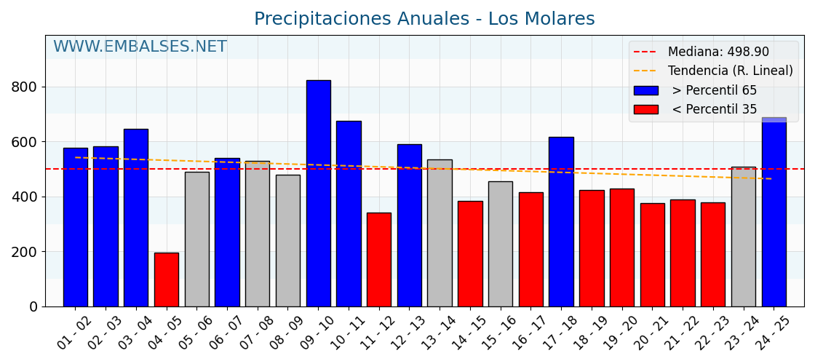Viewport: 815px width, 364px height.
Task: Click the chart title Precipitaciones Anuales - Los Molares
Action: point(424,19)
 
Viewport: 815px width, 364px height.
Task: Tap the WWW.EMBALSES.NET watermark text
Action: point(140,47)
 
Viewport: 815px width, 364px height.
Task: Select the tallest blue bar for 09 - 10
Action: point(318,193)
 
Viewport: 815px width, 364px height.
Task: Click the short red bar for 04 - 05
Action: point(166,280)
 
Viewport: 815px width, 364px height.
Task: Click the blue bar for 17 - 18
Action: point(561,221)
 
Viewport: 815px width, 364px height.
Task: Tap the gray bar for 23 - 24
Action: point(743,236)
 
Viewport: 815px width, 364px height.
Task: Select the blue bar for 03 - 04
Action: point(136,218)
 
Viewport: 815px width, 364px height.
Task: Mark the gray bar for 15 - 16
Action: point(500,244)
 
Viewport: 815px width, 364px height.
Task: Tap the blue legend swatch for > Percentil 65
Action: point(645,90)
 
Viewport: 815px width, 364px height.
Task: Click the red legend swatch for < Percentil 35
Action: point(645,109)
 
